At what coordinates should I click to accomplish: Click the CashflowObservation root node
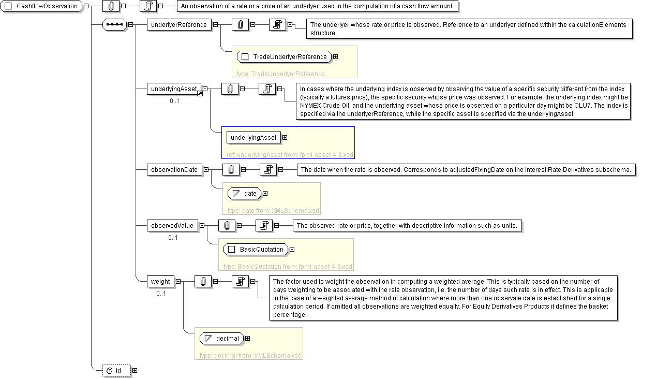(42, 6)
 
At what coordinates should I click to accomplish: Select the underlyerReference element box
(179, 24)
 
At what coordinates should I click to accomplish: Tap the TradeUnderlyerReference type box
(284, 56)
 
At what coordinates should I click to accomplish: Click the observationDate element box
(174, 169)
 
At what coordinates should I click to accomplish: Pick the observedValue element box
(172, 225)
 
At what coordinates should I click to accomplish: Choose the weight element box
(160, 281)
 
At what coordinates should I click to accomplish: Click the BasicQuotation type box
(256, 249)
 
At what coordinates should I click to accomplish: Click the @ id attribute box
(116, 370)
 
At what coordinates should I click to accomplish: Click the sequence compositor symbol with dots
(114, 24)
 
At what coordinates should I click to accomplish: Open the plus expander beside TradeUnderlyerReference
(336, 56)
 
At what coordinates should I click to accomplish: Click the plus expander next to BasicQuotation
(292, 249)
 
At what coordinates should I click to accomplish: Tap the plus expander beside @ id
(135, 370)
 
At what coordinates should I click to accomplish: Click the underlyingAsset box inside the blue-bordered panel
(253, 138)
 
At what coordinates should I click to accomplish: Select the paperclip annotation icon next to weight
(203, 281)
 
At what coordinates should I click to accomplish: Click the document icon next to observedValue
(264, 225)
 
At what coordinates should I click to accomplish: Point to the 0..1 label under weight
(161, 294)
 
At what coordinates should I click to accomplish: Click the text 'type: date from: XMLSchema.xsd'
(272, 211)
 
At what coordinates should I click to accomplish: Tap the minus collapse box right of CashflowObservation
(86, 6)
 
